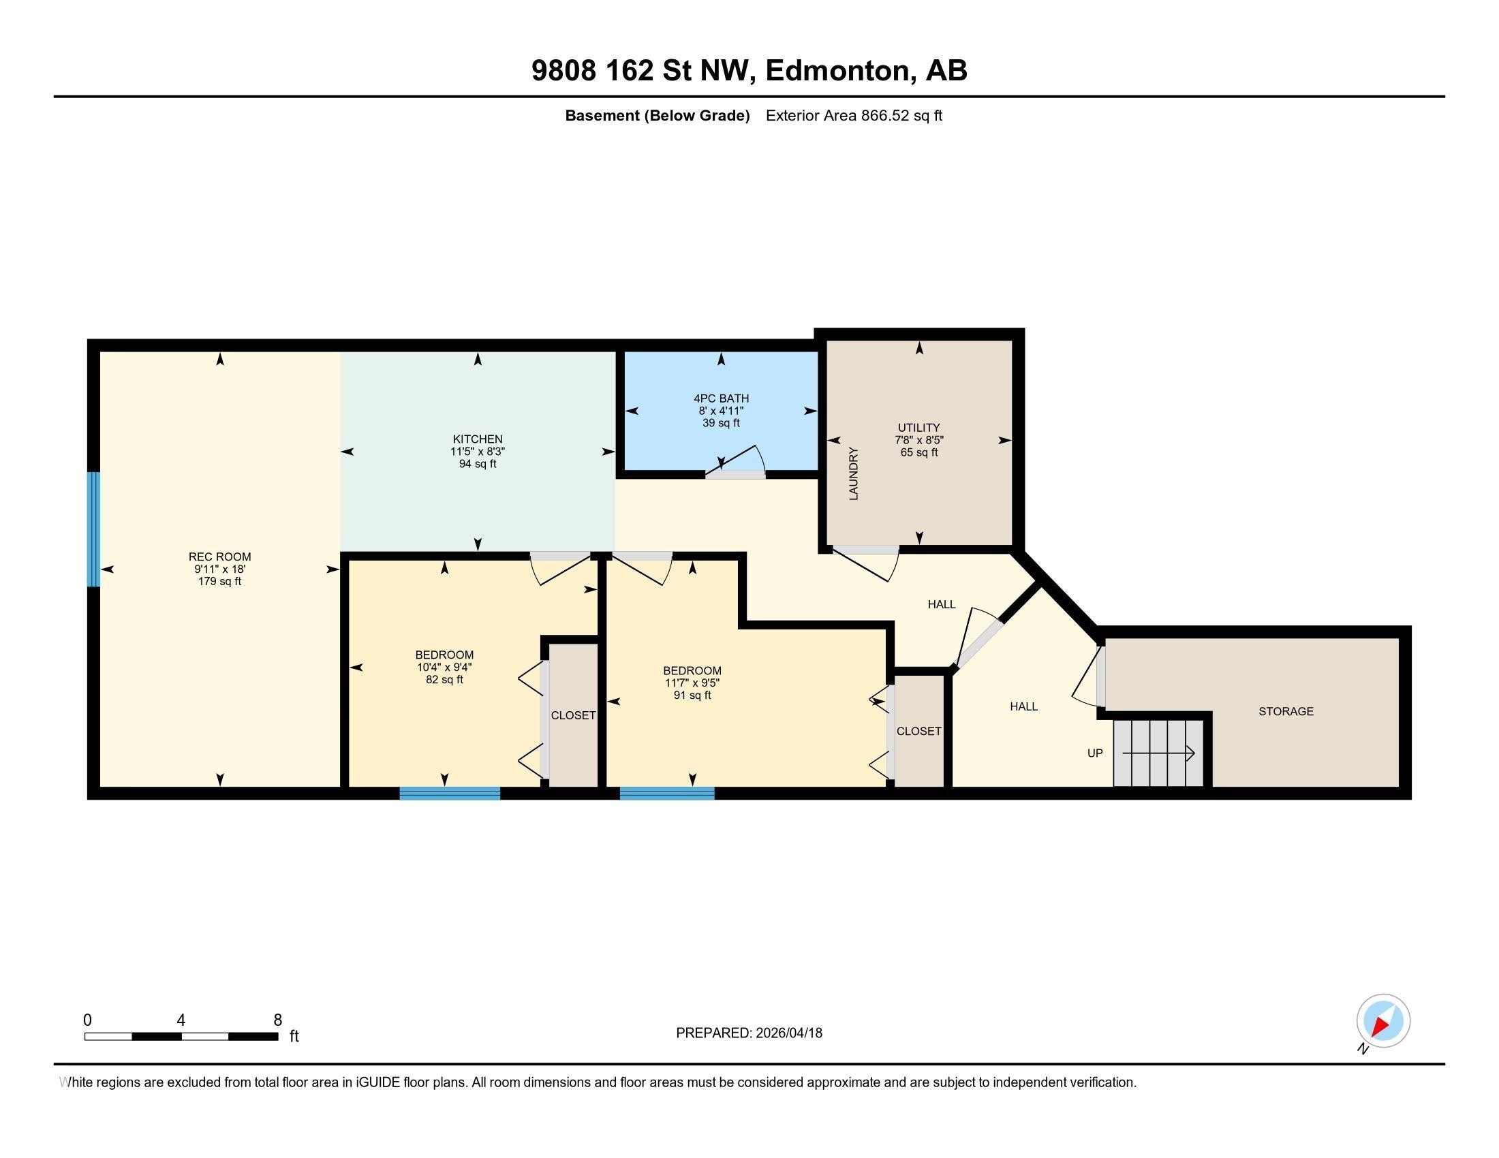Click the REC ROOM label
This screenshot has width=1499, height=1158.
[219, 557]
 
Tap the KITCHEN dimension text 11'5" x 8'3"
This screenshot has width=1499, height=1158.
[477, 452]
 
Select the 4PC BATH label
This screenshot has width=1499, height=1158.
[721, 398]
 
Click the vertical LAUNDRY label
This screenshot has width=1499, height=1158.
[853, 473]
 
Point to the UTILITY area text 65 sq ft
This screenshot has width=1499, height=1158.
[918, 453]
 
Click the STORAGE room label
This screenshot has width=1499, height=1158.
[1286, 711]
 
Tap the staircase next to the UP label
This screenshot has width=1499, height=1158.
[1158, 753]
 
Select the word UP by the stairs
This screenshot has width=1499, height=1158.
[1095, 753]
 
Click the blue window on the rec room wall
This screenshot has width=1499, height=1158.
[94, 529]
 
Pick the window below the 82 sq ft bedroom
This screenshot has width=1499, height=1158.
[450, 793]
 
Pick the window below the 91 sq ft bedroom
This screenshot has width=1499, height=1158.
[666, 793]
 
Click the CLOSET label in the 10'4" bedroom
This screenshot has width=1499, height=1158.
[573, 715]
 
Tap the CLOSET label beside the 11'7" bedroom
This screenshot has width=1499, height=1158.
[918, 732]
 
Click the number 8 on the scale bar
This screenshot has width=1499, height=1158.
[277, 1020]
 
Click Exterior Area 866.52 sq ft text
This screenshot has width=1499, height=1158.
[853, 115]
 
